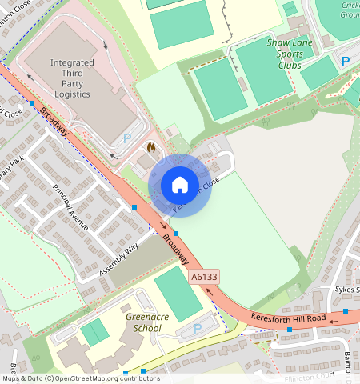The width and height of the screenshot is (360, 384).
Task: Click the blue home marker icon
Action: (180, 185)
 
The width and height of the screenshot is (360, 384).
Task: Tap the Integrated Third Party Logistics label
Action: (71, 78)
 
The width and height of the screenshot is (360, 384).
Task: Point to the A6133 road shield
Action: (204, 277)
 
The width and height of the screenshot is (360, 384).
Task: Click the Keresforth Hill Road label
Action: (288, 318)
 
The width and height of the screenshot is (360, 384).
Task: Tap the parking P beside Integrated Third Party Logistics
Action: (127, 138)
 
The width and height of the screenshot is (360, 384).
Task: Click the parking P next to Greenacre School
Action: (198, 329)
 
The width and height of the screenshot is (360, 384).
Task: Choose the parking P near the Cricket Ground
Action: (346, 61)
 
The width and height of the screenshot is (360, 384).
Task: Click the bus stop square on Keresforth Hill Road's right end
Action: (346, 310)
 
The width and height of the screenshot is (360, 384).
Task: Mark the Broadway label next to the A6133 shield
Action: (177, 250)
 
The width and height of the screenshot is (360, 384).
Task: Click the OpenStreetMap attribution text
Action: (80, 378)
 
